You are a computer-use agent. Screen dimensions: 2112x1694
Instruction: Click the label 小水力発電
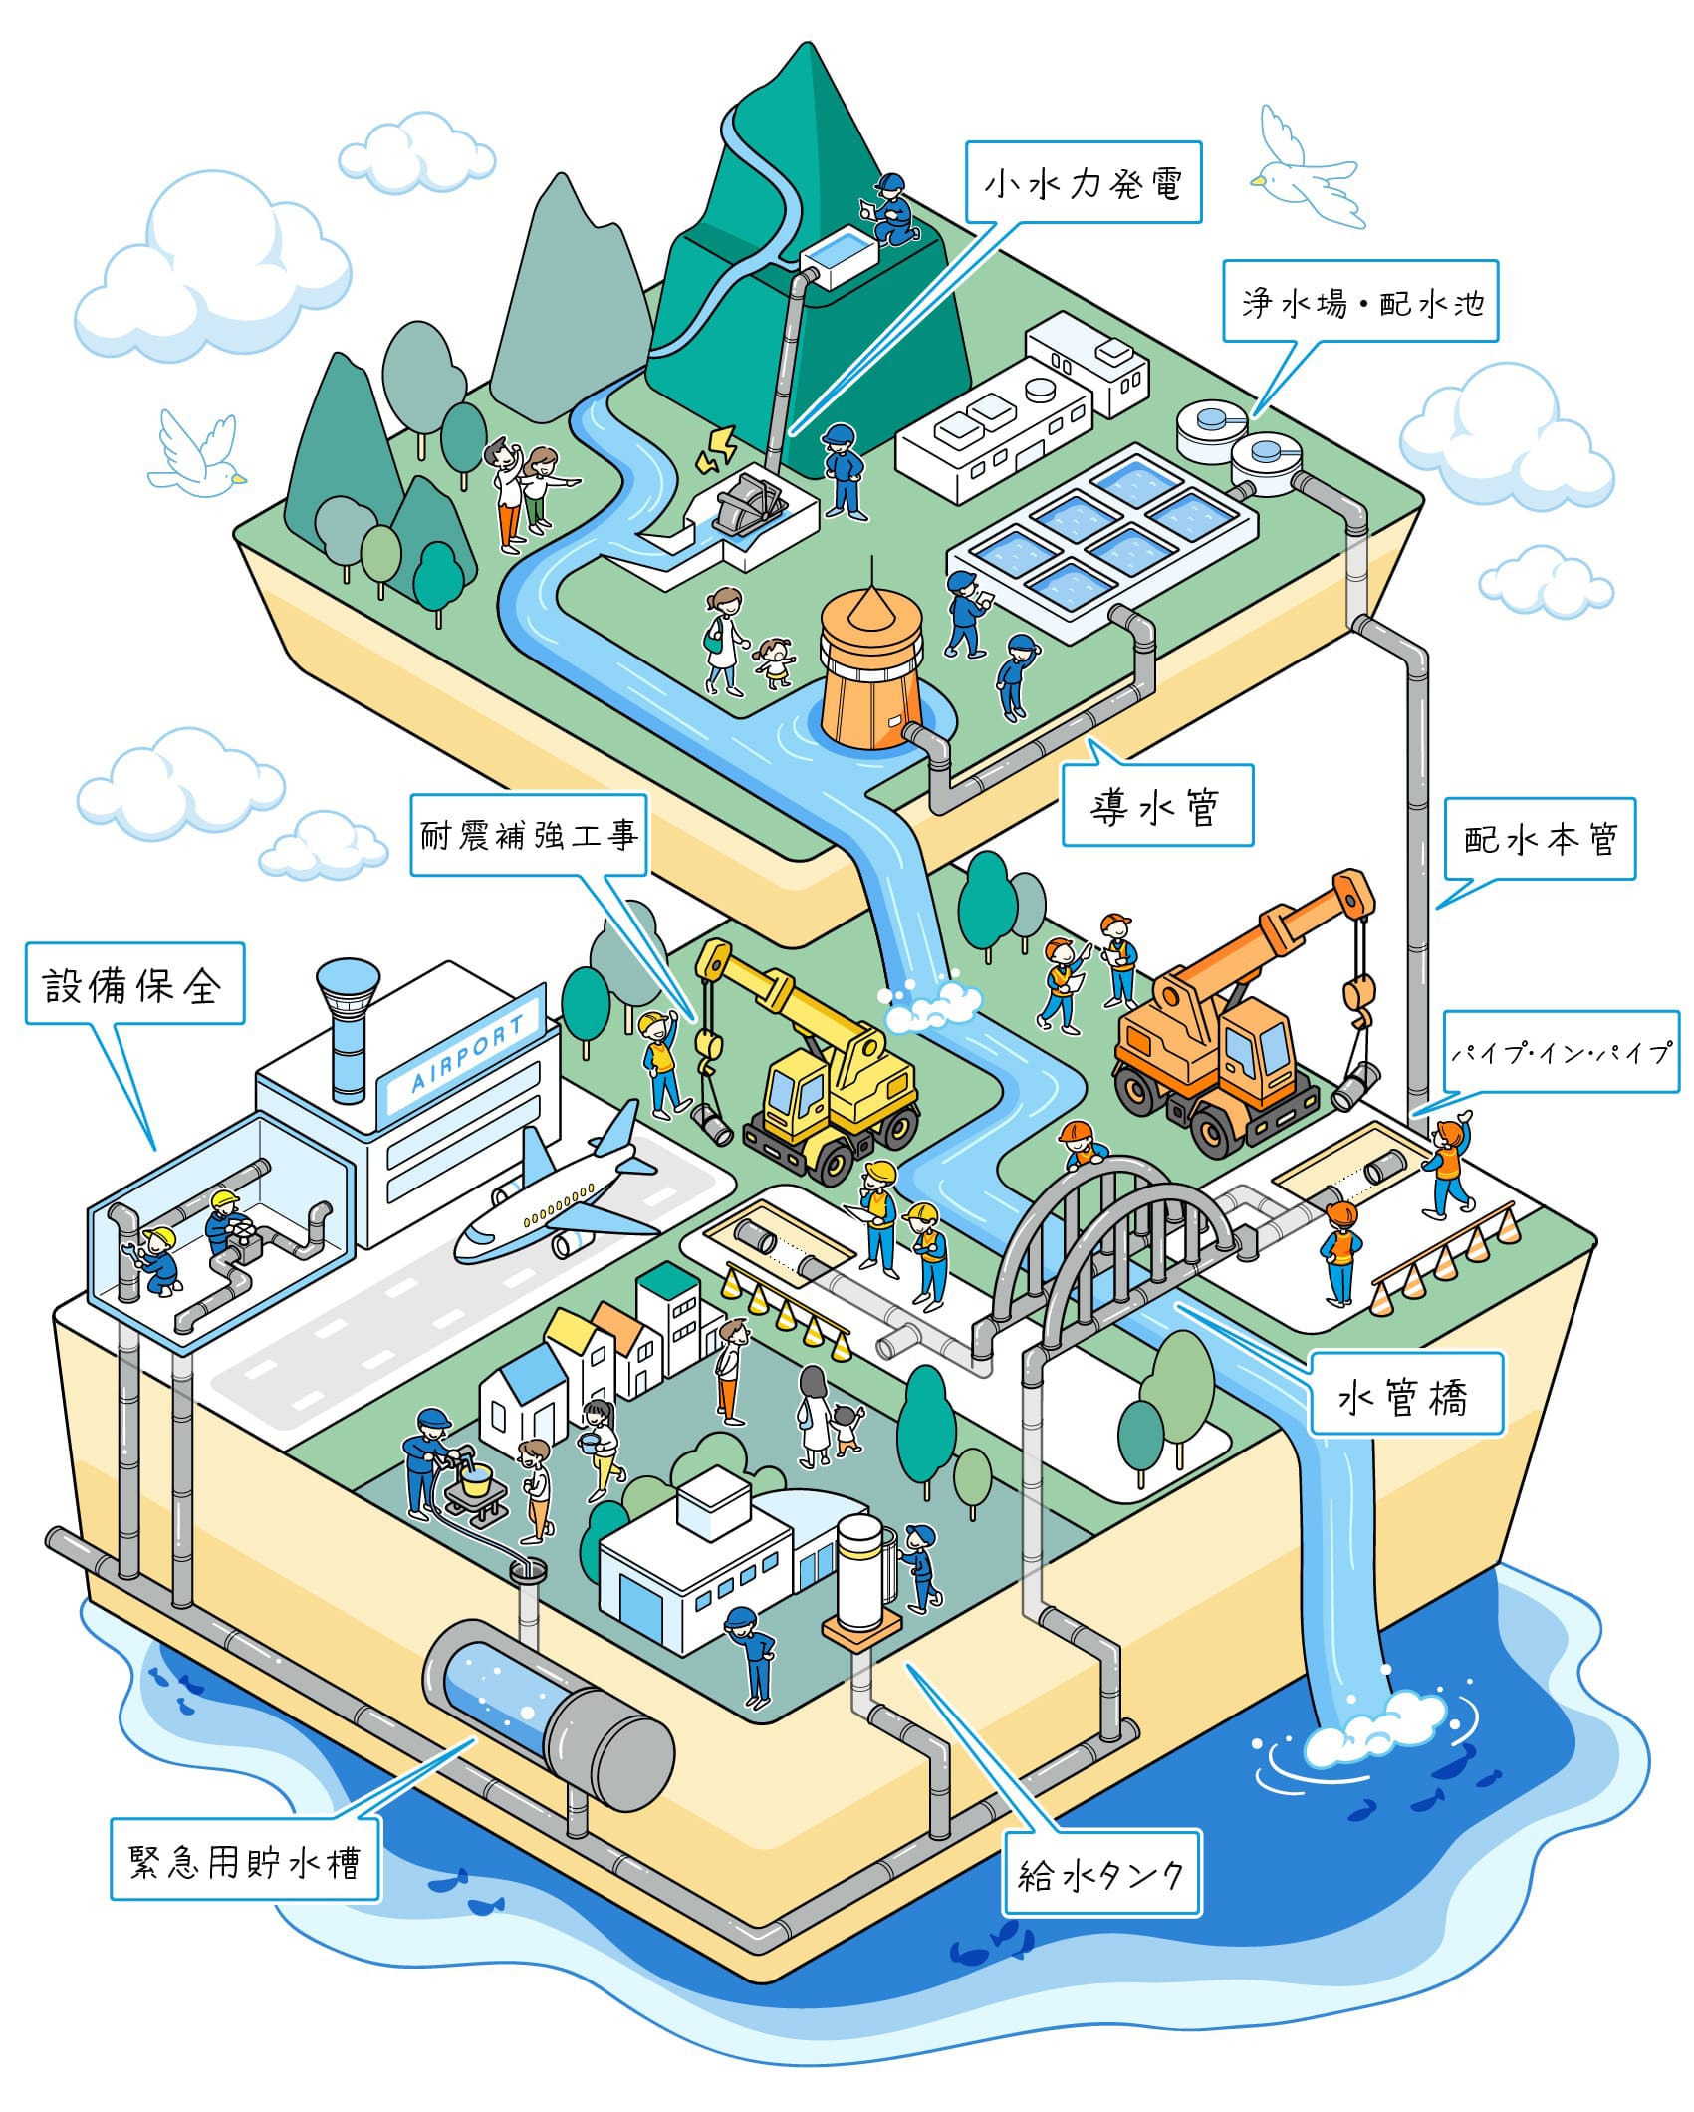[x=1083, y=182]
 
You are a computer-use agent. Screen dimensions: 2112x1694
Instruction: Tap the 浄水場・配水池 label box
[x=1360, y=302]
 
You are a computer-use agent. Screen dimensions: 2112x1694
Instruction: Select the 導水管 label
[x=1156, y=806]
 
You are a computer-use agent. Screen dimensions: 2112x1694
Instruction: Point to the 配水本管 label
[x=1539, y=839]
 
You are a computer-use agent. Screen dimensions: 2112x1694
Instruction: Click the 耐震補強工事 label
[x=529, y=835]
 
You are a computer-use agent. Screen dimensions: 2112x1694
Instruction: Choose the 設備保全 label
[x=134, y=983]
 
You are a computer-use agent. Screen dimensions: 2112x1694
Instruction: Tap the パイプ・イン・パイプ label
[x=1560, y=1052]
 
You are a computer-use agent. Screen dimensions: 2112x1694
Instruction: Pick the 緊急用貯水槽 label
[x=245, y=1859]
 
